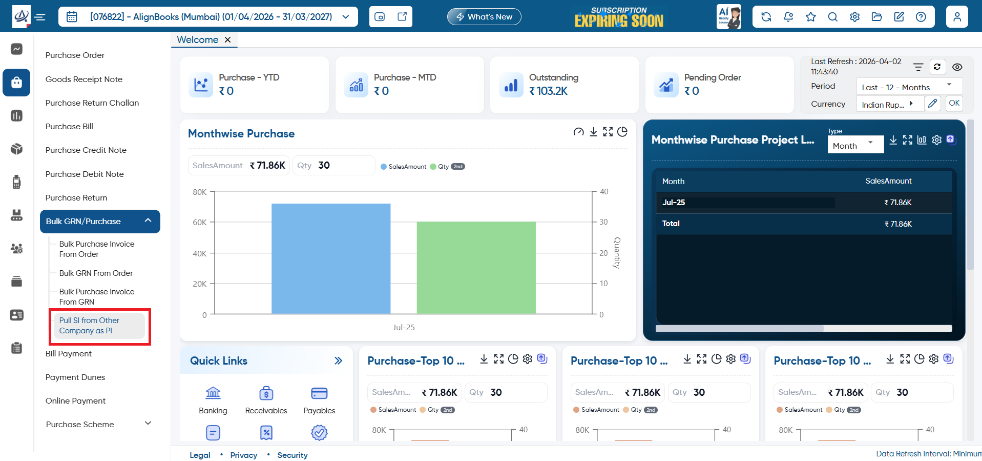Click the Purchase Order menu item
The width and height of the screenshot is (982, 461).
click(75, 55)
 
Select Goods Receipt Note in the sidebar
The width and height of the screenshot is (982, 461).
click(84, 79)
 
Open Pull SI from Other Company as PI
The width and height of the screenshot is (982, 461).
click(89, 326)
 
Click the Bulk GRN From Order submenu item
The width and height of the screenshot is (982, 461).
click(96, 273)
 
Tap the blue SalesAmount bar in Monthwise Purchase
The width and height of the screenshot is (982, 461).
click(331, 258)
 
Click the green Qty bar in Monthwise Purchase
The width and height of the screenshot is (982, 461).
click(476, 268)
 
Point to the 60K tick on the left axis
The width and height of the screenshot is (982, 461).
click(200, 223)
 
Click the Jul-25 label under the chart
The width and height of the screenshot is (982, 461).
click(404, 328)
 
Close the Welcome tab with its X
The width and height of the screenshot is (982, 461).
click(228, 40)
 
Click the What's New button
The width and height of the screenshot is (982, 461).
click(484, 17)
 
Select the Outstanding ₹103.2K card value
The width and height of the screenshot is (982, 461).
click(549, 91)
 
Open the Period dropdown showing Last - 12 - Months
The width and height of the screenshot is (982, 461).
click(909, 87)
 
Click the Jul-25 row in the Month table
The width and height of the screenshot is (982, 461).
click(804, 203)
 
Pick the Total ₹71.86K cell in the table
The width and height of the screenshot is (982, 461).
click(898, 224)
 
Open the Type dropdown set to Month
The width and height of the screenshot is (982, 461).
click(855, 145)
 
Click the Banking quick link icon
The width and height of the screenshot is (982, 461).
click(213, 393)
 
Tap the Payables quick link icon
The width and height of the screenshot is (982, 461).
click(319, 393)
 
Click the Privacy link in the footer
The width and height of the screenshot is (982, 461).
click(244, 455)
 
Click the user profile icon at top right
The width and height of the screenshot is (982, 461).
click(957, 17)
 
